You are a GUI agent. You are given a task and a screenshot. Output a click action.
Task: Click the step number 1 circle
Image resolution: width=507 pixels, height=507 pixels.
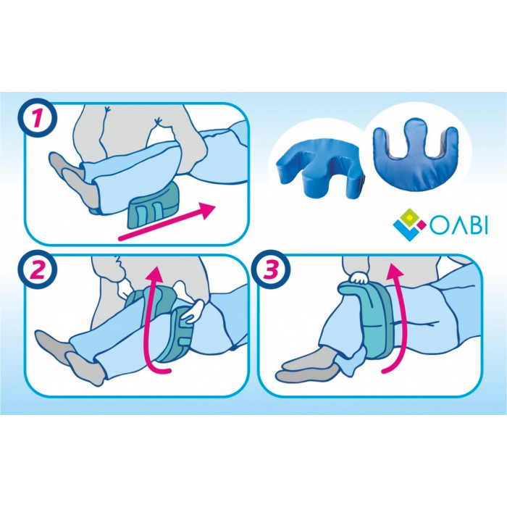click(38, 117)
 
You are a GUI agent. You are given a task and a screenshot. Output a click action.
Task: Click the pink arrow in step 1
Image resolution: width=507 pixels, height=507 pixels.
click(167, 222)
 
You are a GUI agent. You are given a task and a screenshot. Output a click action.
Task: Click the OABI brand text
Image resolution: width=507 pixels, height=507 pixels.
click(458, 226)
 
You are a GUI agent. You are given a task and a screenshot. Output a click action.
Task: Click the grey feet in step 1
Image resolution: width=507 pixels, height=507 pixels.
click(72, 181)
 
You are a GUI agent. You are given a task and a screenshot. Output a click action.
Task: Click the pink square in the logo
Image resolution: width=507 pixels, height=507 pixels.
click(421, 222)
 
